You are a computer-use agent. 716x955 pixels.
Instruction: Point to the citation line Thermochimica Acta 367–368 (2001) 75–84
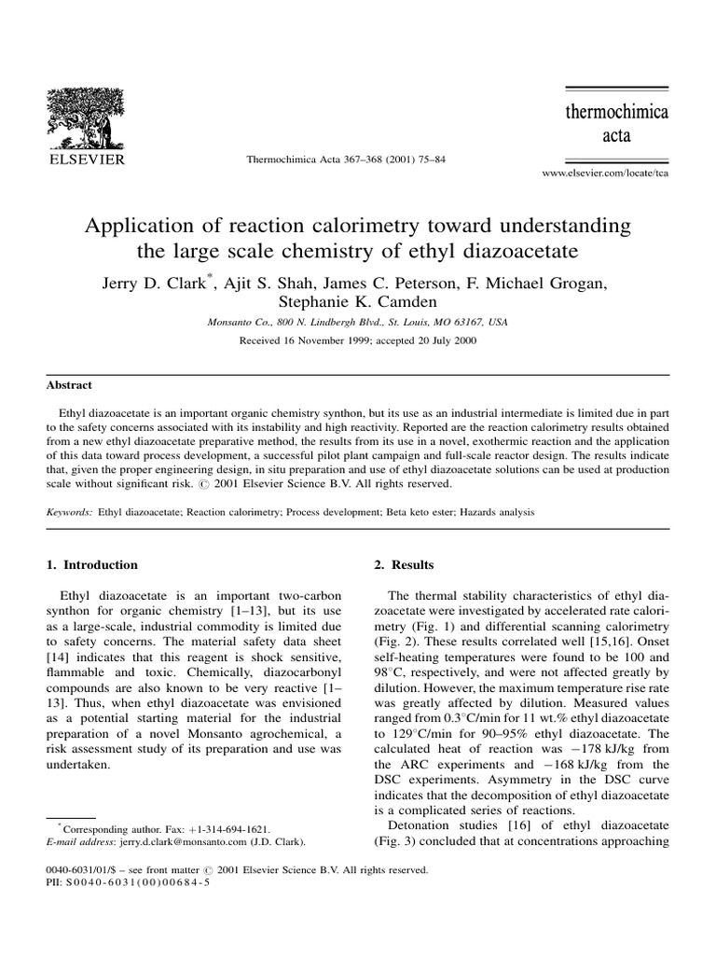coord(345,159)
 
